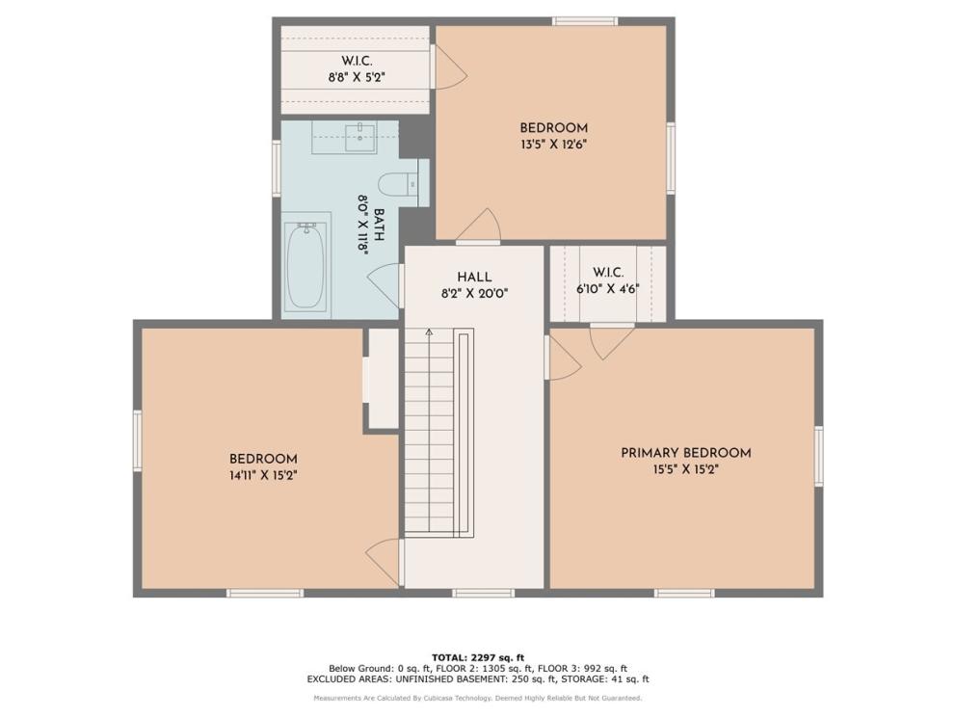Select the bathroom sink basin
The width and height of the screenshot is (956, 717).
click(361, 137)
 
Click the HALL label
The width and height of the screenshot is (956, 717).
click(474, 277)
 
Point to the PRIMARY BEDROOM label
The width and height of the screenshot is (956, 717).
click(686, 453)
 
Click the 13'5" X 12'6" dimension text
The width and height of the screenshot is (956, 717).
click(553, 145)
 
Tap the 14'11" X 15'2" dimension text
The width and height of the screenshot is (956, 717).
click(263, 475)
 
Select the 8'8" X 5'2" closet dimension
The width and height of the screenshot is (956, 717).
click(357, 77)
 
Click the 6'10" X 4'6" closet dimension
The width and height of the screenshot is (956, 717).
click(608, 289)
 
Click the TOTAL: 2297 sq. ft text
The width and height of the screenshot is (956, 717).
click(478, 657)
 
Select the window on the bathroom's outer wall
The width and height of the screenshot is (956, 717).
click(277, 169)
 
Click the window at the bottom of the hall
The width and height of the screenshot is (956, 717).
click(484, 593)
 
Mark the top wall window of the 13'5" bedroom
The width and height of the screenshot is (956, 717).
click(585, 21)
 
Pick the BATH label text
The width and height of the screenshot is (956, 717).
click(379, 225)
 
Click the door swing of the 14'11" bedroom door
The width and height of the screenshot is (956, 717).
click(383, 562)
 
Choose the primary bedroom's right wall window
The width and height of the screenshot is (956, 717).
click(819, 456)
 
